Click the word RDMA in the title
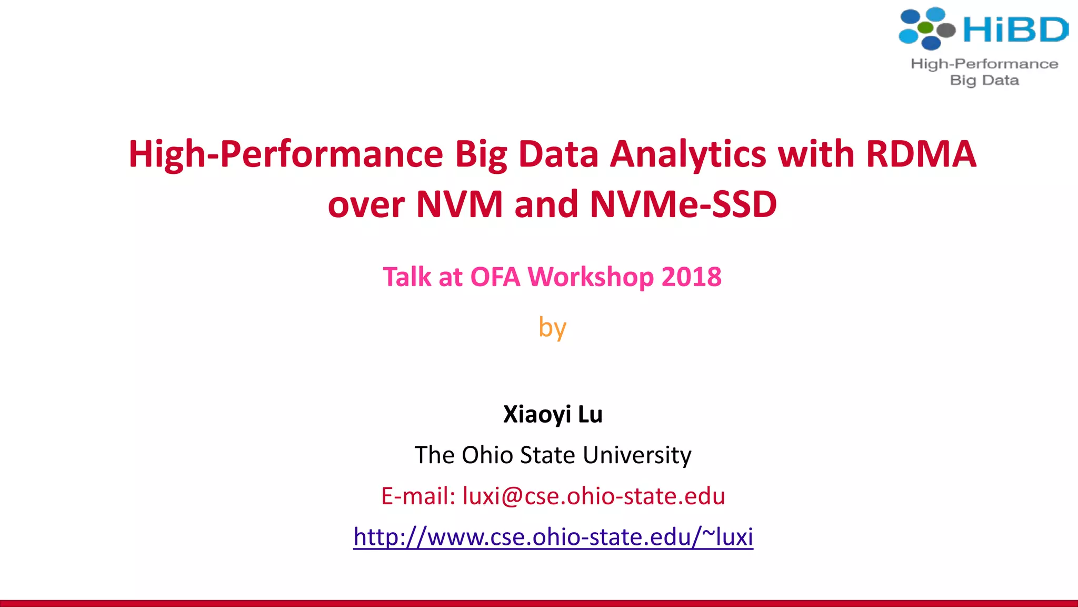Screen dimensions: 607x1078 coord(921,154)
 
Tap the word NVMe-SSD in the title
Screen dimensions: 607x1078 coord(683,204)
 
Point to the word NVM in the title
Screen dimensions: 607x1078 coord(460,204)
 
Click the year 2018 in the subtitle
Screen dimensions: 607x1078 coord(691,277)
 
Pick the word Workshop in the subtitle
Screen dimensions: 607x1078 coord(591,278)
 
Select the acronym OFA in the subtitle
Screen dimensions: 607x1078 coord(495,277)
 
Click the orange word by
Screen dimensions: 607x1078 coord(552,328)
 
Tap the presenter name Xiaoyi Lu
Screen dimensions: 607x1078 coord(553,414)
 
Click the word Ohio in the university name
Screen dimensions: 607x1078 coord(487,455)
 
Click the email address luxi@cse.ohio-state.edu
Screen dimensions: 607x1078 coord(594,496)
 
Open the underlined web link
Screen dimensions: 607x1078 coord(553,537)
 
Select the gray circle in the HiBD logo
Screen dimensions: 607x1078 coord(946,30)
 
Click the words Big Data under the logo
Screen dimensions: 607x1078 coord(984,81)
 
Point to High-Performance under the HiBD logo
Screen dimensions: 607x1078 coord(984,64)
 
